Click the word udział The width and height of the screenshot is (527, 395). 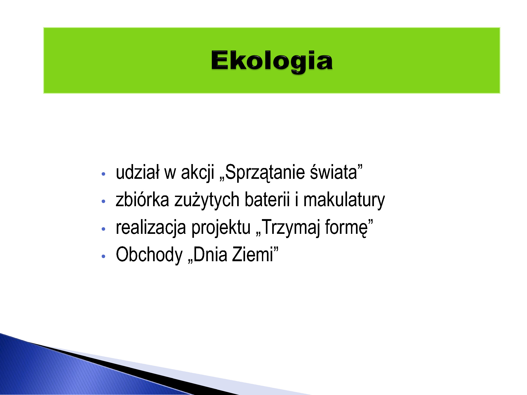point(138,172)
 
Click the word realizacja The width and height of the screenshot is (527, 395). point(151,228)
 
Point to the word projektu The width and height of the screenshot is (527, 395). point(221,228)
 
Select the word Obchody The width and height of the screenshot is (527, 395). point(149,255)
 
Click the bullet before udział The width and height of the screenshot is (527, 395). point(103,174)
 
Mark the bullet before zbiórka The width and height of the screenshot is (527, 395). point(103,201)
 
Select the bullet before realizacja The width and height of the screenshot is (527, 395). point(103,229)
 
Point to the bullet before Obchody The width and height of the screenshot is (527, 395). point(103,256)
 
